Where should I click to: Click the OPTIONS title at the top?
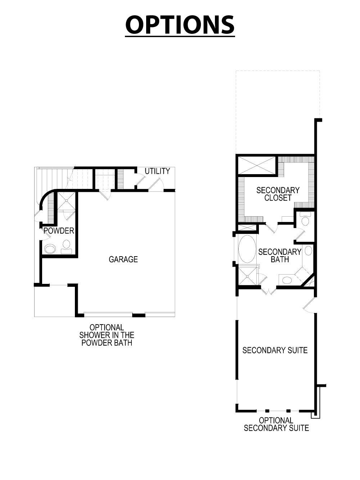pyautogui.click(x=180, y=25)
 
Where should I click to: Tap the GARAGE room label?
pyautogui.click(x=123, y=259)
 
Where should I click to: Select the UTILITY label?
pyautogui.click(x=157, y=171)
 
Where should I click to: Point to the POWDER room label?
pyautogui.click(x=59, y=231)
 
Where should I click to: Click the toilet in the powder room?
pyautogui.click(x=66, y=245)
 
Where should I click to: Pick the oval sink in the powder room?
pyautogui.click(x=50, y=249)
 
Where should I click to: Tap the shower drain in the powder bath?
pyautogui.click(x=66, y=201)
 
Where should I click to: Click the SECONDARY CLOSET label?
pyautogui.click(x=278, y=194)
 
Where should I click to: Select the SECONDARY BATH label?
pyautogui.click(x=279, y=255)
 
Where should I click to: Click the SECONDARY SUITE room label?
pyautogui.click(x=275, y=350)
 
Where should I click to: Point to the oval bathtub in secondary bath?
pyautogui.click(x=247, y=249)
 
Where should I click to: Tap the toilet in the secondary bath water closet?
pyautogui.click(x=305, y=219)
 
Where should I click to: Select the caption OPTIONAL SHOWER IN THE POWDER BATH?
pyautogui.click(x=107, y=335)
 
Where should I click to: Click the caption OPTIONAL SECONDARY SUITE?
pyautogui.click(x=276, y=424)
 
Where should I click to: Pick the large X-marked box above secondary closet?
pyautogui.click(x=257, y=166)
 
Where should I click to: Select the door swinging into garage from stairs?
pyautogui.click(x=105, y=195)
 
